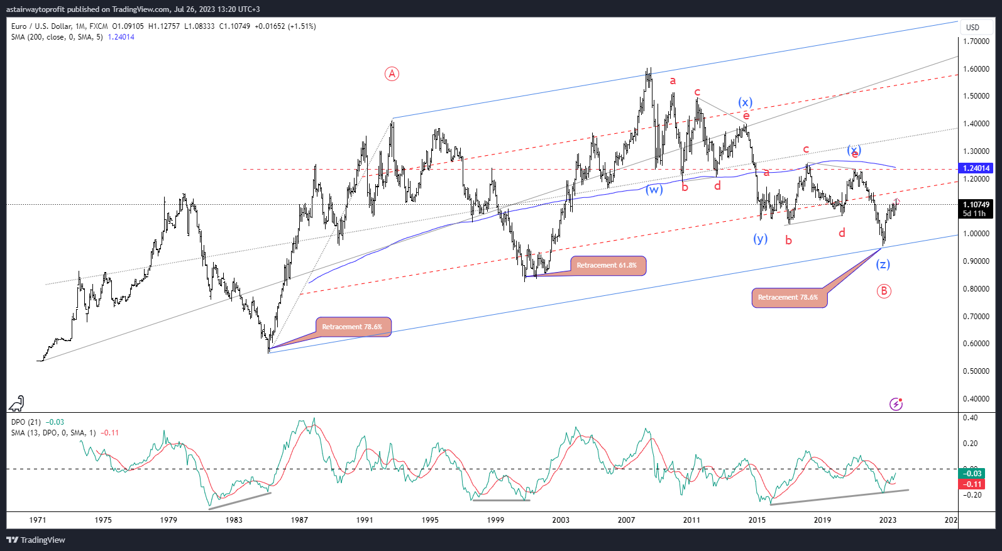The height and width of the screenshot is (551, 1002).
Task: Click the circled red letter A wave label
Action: (392, 74)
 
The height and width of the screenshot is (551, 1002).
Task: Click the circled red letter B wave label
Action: (884, 291)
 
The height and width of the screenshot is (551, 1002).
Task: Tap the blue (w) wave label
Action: (654, 190)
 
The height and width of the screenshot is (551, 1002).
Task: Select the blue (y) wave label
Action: (761, 239)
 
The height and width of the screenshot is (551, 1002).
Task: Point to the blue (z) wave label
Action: (883, 265)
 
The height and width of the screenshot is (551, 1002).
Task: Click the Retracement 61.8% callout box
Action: (607, 265)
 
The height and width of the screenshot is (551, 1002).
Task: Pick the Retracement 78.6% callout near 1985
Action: (353, 327)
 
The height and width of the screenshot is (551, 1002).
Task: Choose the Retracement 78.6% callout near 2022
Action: (789, 297)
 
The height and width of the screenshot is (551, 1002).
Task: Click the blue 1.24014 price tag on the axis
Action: (976, 168)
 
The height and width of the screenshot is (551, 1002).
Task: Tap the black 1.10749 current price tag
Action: (976, 205)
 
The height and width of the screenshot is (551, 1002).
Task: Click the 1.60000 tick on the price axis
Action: (976, 69)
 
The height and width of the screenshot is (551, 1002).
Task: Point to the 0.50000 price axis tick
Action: (976, 371)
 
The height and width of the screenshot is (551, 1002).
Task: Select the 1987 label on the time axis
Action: (299, 520)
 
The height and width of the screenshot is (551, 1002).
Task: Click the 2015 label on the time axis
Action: (757, 520)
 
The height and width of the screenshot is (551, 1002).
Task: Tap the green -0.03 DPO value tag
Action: (972, 474)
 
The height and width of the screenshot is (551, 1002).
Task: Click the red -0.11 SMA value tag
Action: (972, 484)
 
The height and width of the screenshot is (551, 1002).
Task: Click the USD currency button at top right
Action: (973, 28)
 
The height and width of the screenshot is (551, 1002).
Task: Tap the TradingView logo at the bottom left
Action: (36, 540)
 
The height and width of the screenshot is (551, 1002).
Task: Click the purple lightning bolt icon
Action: (896, 404)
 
